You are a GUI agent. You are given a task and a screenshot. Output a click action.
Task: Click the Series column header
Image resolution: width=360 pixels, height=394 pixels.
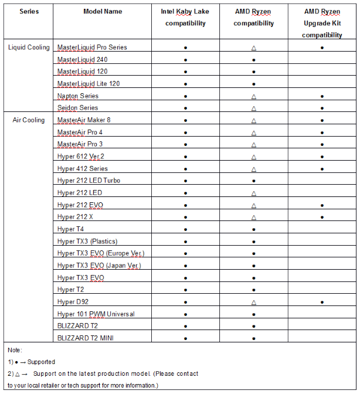(29, 12)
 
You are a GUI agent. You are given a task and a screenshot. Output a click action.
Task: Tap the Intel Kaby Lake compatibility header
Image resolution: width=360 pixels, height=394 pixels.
(185, 18)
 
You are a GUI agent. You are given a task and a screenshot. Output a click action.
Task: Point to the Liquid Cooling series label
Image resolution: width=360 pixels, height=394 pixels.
(29, 47)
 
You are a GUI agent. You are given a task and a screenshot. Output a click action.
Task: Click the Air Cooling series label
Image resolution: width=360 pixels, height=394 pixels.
(29, 120)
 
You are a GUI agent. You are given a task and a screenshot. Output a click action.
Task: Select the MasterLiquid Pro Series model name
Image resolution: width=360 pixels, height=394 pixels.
(92, 47)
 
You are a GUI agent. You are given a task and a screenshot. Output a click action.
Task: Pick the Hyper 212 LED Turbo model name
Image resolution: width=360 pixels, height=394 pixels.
(89, 181)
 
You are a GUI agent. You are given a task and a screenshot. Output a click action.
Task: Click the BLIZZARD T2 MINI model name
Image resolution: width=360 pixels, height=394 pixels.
(86, 338)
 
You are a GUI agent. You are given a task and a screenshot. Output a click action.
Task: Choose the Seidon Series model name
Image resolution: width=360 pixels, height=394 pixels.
(78, 108)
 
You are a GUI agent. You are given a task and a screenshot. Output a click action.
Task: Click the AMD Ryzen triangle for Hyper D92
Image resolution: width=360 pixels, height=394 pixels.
(253, 303)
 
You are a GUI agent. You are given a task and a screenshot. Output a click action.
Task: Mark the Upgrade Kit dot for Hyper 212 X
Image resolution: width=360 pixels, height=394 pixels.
(322, 217)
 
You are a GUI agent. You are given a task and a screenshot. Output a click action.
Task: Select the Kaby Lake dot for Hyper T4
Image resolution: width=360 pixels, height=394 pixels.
(185, 229)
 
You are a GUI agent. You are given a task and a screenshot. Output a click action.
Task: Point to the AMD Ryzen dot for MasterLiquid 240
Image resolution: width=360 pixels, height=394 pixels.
(253, 59)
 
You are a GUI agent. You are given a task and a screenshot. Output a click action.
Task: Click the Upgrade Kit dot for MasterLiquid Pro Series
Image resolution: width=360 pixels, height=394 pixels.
(322, 47)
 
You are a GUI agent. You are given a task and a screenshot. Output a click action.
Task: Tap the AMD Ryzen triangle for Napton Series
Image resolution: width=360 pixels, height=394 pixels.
(253, 96)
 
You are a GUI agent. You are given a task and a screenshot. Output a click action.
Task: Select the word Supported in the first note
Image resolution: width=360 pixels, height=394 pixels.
(42, 362)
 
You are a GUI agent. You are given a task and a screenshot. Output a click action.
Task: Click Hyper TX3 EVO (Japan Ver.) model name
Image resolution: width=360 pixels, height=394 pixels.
(99, 266)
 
